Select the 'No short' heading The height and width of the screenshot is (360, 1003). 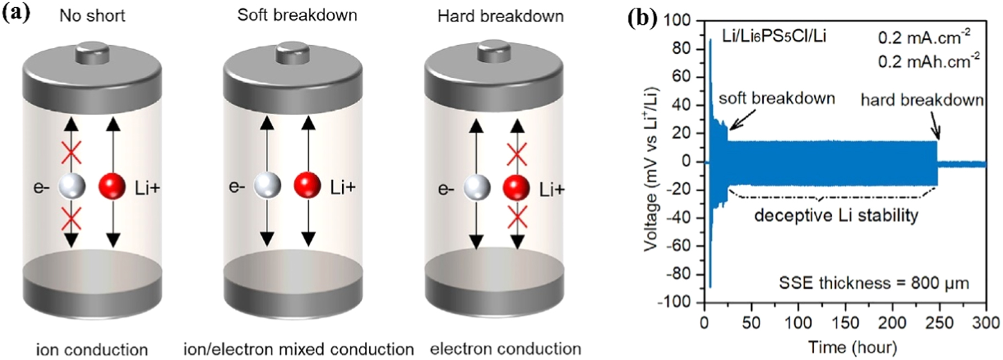pyautogui.click(x=92, y=15)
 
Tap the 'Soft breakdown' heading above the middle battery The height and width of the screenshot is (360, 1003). pyautogui.click(x=297, y=15)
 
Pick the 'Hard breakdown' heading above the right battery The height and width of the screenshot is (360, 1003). pyautogui.click(x=500, y=16)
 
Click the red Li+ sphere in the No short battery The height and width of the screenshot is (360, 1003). pyautogui.click(x=112, y=186)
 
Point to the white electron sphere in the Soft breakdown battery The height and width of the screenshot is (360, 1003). pyautogui.click(x=267, y=185)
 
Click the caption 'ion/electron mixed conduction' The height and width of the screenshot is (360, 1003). pyautogui.click(x=298, y=349)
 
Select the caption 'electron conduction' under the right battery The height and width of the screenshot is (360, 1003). pyautogui.click(x=505, y=349)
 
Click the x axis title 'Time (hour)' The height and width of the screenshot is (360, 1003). pyautogui.click(x=852, y=347)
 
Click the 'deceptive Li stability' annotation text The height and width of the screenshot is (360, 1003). pyautogui.click(x=836, y=215)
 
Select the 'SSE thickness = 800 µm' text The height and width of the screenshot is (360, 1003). pyautogui.click(x=873, y=283)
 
